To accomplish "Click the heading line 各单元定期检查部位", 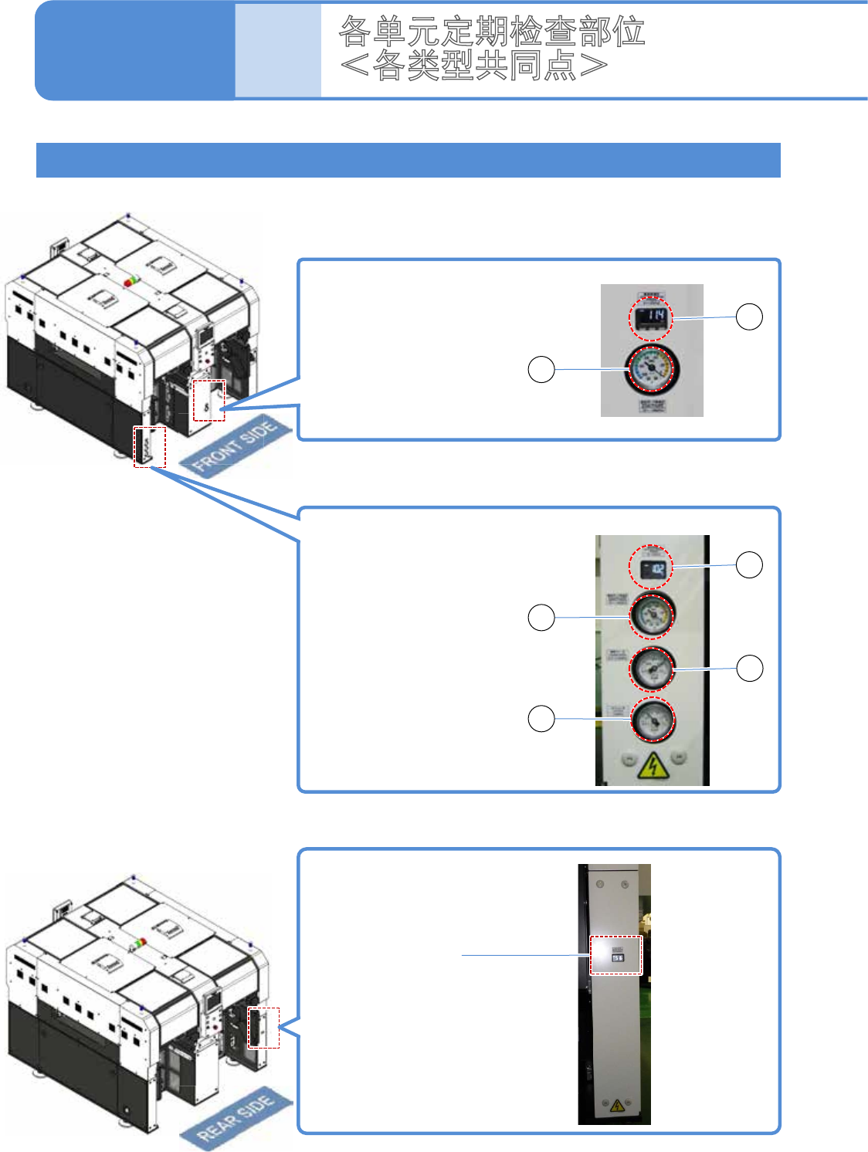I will pos(492,31).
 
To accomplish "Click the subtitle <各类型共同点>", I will pos(473,66).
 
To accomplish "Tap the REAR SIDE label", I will pos(236,1118).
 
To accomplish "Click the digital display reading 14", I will pos(651,317).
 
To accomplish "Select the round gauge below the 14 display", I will pos(652,369).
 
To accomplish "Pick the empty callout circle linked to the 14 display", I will pos(748,317).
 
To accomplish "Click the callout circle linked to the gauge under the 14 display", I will pos(541,369).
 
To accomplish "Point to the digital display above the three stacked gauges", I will pos(651,569).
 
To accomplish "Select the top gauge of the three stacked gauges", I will pos(652,615).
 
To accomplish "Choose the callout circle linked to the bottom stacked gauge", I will pos(541,718).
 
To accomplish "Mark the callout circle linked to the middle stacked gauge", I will pos(749,668).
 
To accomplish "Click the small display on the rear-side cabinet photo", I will pos(617,956).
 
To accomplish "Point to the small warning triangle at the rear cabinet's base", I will pos(616,1106).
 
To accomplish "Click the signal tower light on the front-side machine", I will pos(133,281).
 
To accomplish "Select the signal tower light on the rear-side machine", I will pos(140,943).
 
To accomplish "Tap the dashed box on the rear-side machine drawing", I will pos(263,1027).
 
